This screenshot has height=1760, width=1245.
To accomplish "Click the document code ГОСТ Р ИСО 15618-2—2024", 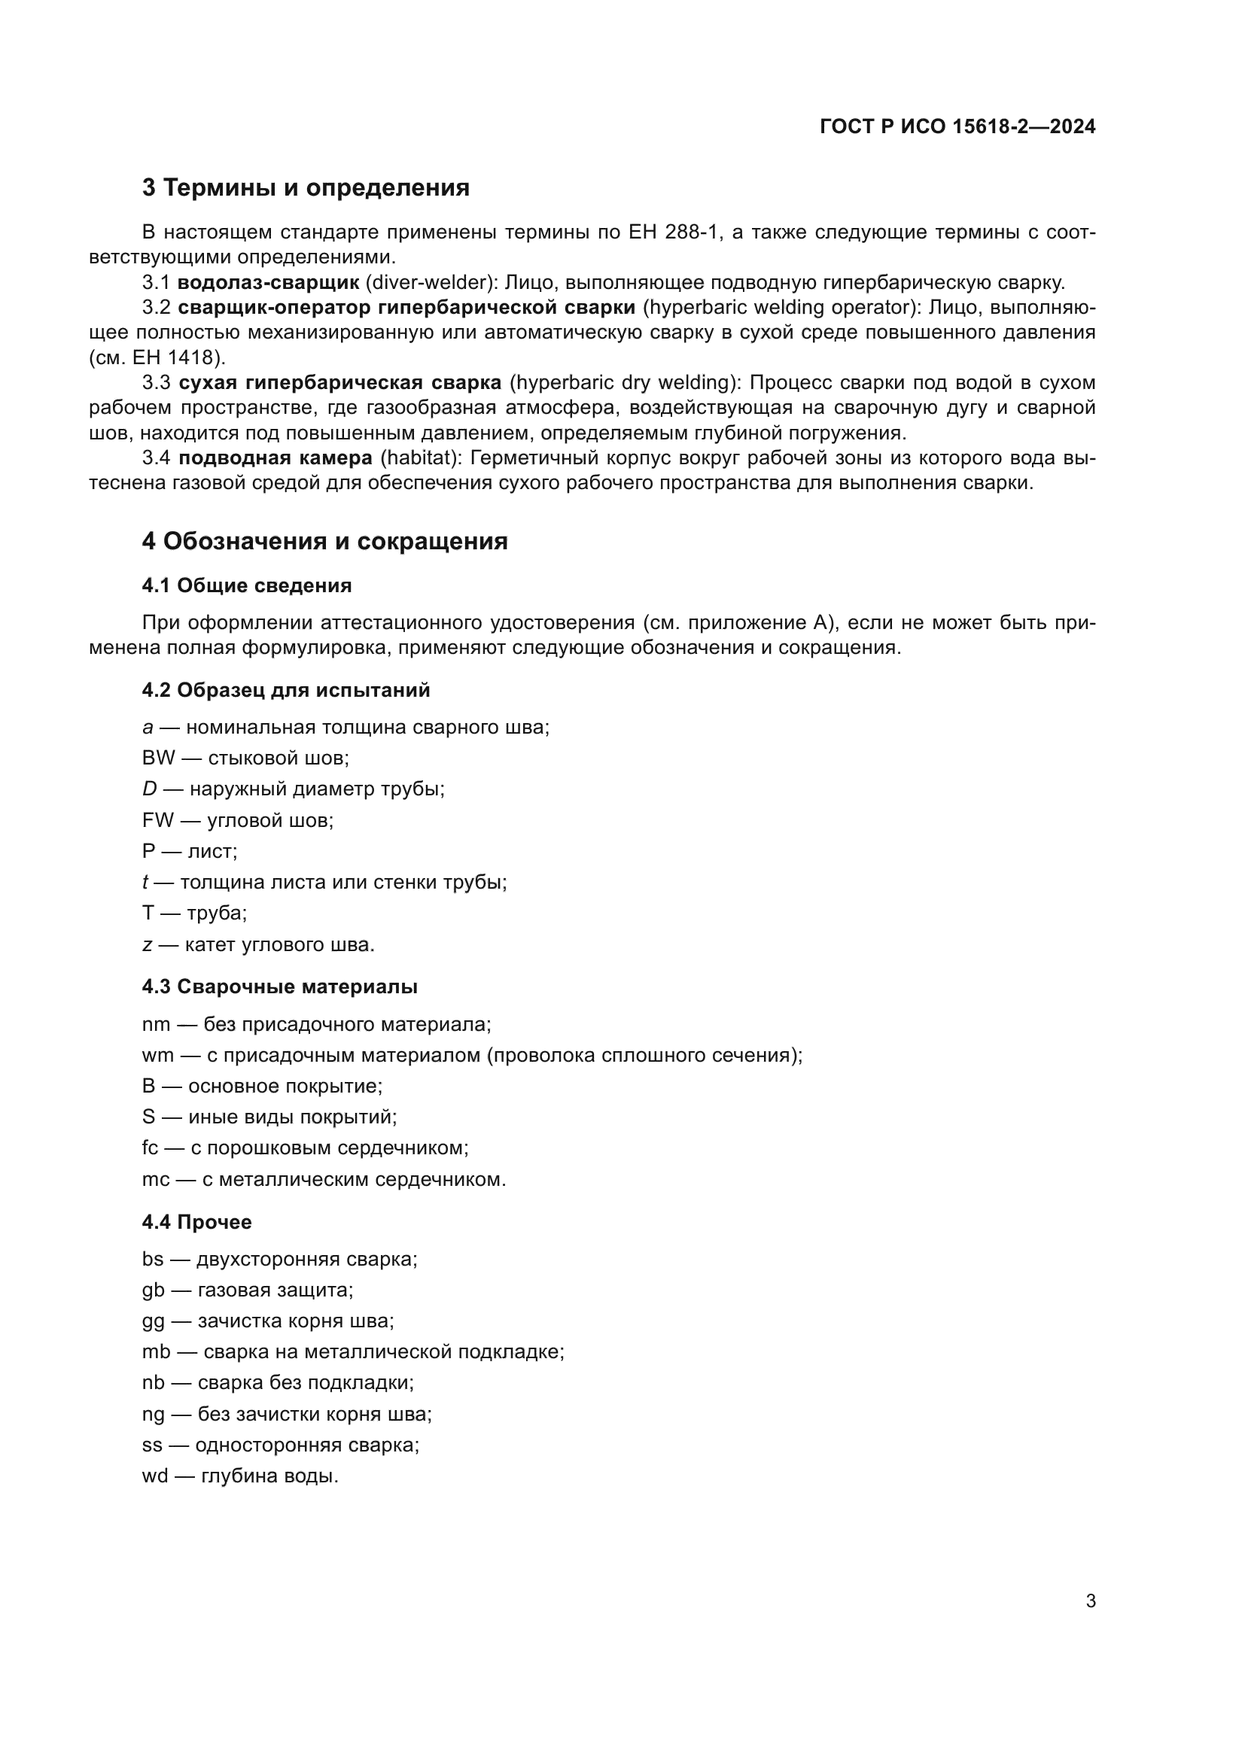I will [x=957, y=126].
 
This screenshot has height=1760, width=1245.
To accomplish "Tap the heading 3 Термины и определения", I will [x=305, y=187].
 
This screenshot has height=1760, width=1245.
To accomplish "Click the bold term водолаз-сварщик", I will [x=267, y=283].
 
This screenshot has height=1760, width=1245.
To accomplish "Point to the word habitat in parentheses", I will [x=414, y=458].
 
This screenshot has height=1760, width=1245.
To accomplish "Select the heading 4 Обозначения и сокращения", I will [x=324, y=541].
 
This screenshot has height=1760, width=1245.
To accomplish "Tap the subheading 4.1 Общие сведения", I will [x=246, y=585].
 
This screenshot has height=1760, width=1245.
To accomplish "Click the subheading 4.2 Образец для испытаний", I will [x=285, y=690].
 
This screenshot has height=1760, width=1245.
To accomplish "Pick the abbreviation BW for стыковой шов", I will [x=158, y=758].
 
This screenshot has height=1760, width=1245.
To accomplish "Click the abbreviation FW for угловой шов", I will [x=157, y=820].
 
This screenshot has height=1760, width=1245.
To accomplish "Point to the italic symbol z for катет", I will [x=147, y=944].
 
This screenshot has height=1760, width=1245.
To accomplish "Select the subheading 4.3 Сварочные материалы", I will [x=279, y=986].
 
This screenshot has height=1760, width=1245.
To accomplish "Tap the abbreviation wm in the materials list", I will [x=157, y=1056].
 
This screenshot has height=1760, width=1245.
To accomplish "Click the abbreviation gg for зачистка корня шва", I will [x=153, y=1321].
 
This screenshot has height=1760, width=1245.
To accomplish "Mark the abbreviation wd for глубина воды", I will [x=154, y=1476].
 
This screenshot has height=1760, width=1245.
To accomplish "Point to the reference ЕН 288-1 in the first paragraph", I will [x=673, y=233].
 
